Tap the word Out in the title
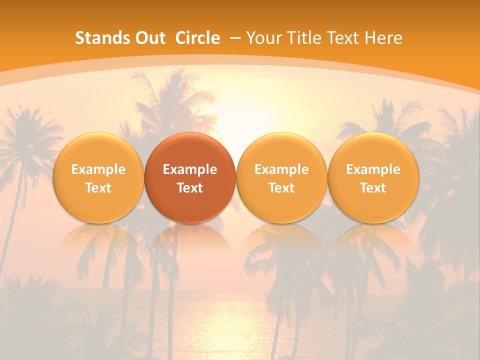pyautogui.click(x=149, y=38)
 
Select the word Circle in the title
pyautogui.click(x=197, y=38)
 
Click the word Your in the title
pyautogui.click(x=263, y=38)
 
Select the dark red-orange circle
pyautogui.click(x=190, y=178)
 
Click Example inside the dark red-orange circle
pyautogui.click(x=190, y=169)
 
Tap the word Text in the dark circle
pyautogui.click(x=190, y=188)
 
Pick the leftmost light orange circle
pyautogui.click(x=98, y=178)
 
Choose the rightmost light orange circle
pyautogui.click(x=373, y=178)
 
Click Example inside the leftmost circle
pyautogui.click(x=98, y=169)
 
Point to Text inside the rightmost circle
pyautogui.click(x=373, y=188)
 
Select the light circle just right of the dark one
pyautogui.click(x=281, y=178)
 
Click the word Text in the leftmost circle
pyautogui.click(x=98, y=188)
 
